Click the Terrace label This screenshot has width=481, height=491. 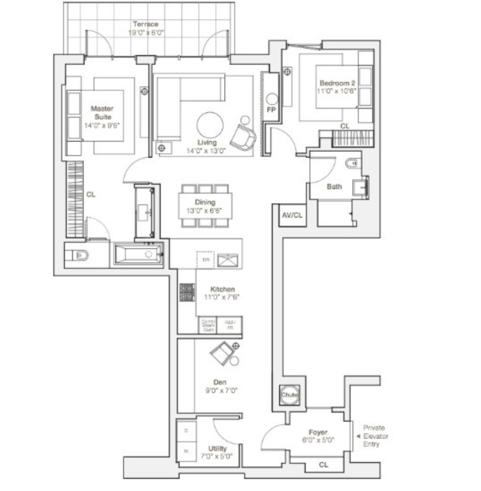click(146, 24)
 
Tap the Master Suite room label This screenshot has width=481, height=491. click(102, 113)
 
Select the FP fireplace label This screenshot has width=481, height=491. click(271, 110)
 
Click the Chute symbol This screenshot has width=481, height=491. click(289, 395)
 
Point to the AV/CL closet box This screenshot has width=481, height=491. click(292, 215)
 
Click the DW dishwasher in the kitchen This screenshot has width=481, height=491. click(205, 259)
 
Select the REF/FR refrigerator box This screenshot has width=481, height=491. click(229, 325)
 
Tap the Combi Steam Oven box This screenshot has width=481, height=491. click(208, 325)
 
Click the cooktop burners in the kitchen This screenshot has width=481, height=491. click(187, 292)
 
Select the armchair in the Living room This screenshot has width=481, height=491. click(243, 137)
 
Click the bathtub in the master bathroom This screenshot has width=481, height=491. click(138, 255)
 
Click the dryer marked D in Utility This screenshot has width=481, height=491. click(186, 430)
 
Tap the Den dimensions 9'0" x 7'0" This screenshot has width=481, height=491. click(219, 390)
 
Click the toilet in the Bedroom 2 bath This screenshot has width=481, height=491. click(353, 164)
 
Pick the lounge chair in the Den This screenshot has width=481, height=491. click(222, 353)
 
